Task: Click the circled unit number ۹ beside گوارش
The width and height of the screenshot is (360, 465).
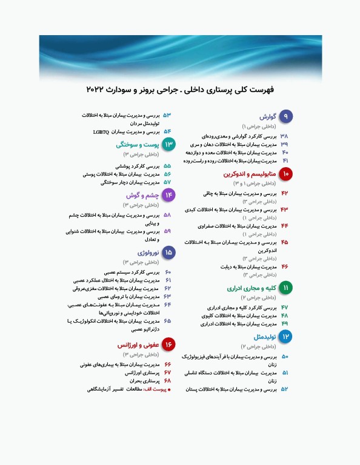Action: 285,116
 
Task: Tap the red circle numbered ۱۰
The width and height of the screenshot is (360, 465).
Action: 285,174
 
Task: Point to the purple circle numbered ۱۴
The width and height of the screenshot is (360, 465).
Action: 168,195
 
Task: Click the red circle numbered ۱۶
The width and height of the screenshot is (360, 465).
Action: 168,345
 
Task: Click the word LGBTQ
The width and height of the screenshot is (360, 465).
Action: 101,131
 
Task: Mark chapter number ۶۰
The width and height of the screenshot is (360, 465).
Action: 168,273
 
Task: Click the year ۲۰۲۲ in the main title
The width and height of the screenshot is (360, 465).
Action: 98,90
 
